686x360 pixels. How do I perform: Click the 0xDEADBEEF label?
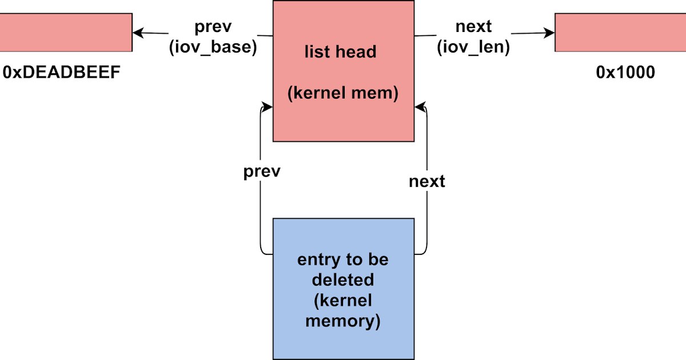click(61, 73)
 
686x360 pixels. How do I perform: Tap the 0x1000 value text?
click(625, 73)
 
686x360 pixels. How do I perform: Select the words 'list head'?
click(340, 52)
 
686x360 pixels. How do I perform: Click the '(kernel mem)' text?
click(343, 93)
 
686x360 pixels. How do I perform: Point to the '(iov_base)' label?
click(213, 47)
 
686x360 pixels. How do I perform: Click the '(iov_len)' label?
click(473, 47)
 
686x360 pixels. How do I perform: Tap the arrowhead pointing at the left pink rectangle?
click(138, 33)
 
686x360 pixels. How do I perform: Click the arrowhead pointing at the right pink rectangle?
click(549, 33)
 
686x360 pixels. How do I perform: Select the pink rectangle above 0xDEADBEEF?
click(66, 33)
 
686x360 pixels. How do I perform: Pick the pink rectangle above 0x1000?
click(620, 33)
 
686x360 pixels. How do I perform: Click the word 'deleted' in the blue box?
click(343, 280)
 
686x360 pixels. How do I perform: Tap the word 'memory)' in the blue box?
click(343, 321)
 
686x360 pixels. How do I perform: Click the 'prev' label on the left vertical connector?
click(262, 171)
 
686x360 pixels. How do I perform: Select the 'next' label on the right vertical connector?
click(427, 181)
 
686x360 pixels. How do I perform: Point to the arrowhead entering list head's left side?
click(267, 107)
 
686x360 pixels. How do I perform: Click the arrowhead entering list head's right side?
click(420, 107)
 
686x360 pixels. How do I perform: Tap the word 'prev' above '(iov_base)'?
click(213, 27)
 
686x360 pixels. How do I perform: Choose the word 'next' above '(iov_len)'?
click(473, 26)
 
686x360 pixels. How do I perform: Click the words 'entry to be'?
click(343, 259)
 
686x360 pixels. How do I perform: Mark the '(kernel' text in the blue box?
click(343, 301)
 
